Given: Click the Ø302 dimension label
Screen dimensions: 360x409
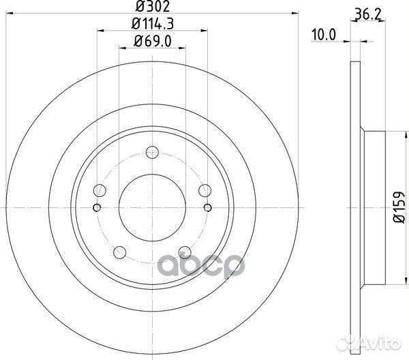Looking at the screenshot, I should (x=152, y=7).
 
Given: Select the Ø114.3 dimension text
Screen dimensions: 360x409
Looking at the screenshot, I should (x=152, y=25).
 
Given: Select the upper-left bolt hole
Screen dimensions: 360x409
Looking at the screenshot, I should (x=100, y=190).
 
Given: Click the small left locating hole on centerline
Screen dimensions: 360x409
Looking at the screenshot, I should (x=97, y=207).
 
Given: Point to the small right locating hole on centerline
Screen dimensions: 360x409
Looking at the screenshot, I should (x=206, y=207).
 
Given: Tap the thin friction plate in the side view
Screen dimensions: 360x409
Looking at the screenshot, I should (x=354, y=205).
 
